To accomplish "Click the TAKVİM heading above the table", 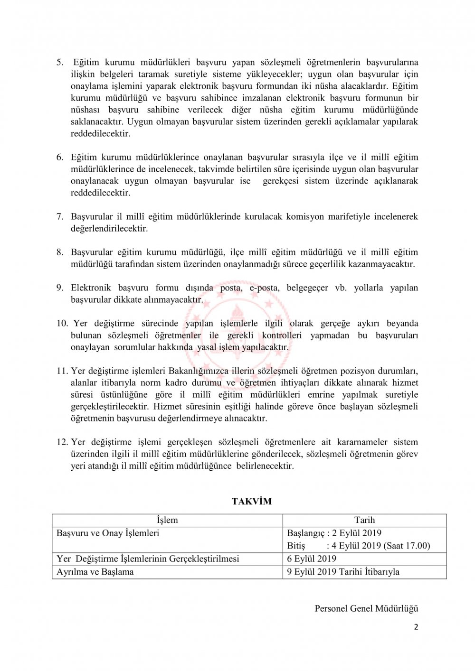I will point(251,501).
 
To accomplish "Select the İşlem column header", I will point(167,520).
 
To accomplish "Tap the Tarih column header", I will point(364,520).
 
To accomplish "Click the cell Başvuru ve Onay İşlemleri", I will point(108,533).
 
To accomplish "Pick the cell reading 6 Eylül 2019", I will point(312,559).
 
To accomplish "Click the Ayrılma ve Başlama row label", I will point(95,572).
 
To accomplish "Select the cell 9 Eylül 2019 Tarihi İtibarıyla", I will point(343,572).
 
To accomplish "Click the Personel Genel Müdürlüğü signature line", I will point(366,608).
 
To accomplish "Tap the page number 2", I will point(416,627).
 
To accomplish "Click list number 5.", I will point(60,62).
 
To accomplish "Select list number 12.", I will point(62,442).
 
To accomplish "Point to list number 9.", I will point(60,288).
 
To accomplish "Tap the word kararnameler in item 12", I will point(362,442).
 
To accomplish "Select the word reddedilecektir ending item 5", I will point(100,133).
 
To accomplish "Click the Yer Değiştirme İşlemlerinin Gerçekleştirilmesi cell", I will point(148,559).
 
